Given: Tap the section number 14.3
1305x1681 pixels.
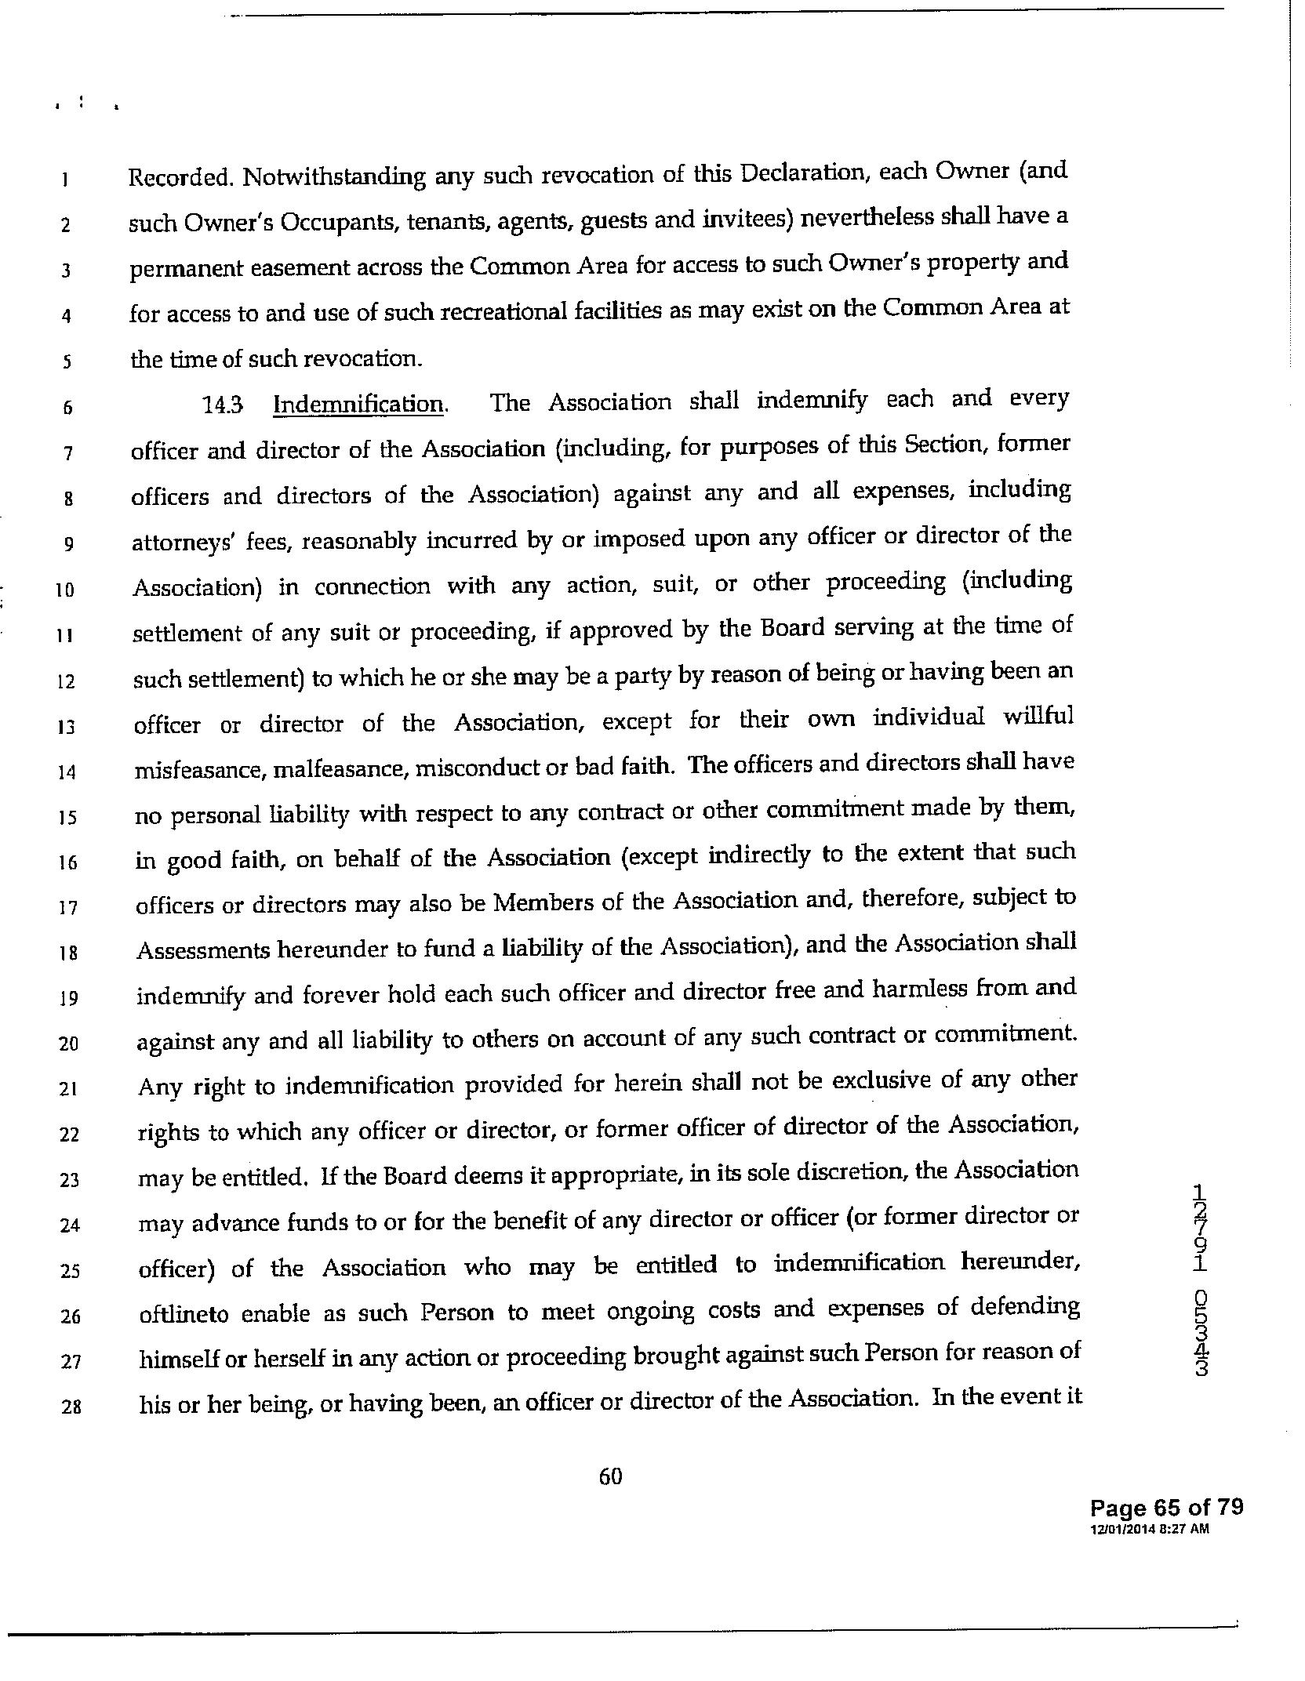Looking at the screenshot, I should [x=223, y=405].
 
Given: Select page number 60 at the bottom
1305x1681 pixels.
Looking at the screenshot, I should [x=610, y=1477].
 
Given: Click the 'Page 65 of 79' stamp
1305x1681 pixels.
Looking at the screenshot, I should [x=1166, y=1508].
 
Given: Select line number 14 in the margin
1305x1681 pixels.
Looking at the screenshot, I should [x=66, y=773].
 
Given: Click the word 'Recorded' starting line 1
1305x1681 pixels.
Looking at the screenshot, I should [x=180, y=178].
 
